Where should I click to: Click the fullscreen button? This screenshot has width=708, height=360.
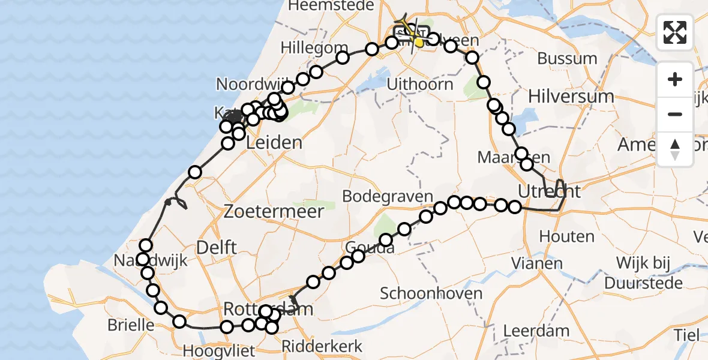[x=675, y=32]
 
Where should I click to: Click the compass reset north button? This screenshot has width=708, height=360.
[x=675, y=149]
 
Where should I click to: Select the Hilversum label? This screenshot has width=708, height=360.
[x=571, y=96]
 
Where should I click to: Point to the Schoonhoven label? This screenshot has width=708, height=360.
[x=431, y=293]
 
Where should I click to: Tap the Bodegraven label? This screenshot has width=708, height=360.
[x=388, y=196]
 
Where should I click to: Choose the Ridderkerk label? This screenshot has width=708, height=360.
[x=322, y=346]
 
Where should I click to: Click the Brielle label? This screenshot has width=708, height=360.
[x=131, y=325]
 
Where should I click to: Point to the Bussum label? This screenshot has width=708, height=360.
[x=567, y=59]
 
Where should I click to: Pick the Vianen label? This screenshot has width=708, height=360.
[x=538, y=263]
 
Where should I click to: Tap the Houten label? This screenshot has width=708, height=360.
[x=558, y=236]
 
